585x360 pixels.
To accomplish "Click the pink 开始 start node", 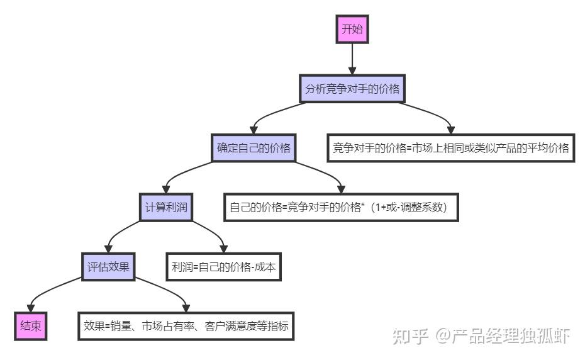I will [352, 29].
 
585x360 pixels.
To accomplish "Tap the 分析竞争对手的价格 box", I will [352, 89].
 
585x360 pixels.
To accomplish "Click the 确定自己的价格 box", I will [253, 149].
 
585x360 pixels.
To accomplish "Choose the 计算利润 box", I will [166, 207].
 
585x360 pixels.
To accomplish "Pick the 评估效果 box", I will [108, 266].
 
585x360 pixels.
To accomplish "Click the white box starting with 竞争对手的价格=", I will [450, 149].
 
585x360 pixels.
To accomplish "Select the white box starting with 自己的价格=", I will [341, 207].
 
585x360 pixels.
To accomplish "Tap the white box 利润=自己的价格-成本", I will [223, 266].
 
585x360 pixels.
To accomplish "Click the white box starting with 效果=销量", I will [186, 326].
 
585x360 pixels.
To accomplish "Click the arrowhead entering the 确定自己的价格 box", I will [253, 130].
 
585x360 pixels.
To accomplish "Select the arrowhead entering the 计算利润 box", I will [166, 189].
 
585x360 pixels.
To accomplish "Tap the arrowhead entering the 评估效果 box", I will [108, 248].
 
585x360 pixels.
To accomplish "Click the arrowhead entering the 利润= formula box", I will [223, 248].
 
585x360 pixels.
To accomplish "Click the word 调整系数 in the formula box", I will [421, 207].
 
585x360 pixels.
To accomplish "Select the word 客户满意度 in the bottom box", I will [233, 326].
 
